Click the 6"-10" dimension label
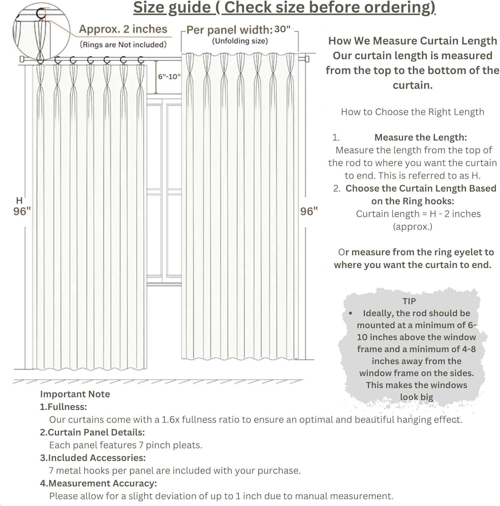click(169, 77)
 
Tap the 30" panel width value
click(282, 29)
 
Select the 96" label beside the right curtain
click(309, 212)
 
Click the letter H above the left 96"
click(19, 201)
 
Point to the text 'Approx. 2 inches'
click(123, 29)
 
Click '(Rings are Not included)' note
click(123, 45)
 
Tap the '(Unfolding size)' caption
click(240, 41)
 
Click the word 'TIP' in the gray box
click(409, 301)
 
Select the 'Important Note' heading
click(75, 394)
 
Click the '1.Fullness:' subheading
click(64, 407)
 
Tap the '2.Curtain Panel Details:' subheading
click(92, 432)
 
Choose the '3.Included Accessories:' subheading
click(93, 458)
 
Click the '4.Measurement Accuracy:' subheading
click(99, 483)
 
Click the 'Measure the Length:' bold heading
click(421, 137)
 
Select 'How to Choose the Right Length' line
click(412, 112)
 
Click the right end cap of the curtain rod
click(307, 59)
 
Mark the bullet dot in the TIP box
click(351, 313)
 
